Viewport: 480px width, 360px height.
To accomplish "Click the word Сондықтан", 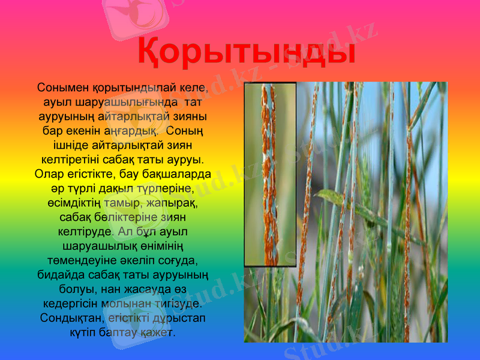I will pyautogui.click(x=68, y=318).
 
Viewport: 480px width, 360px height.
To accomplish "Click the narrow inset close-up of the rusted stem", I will pyautogui.click(x=270, y=174).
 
